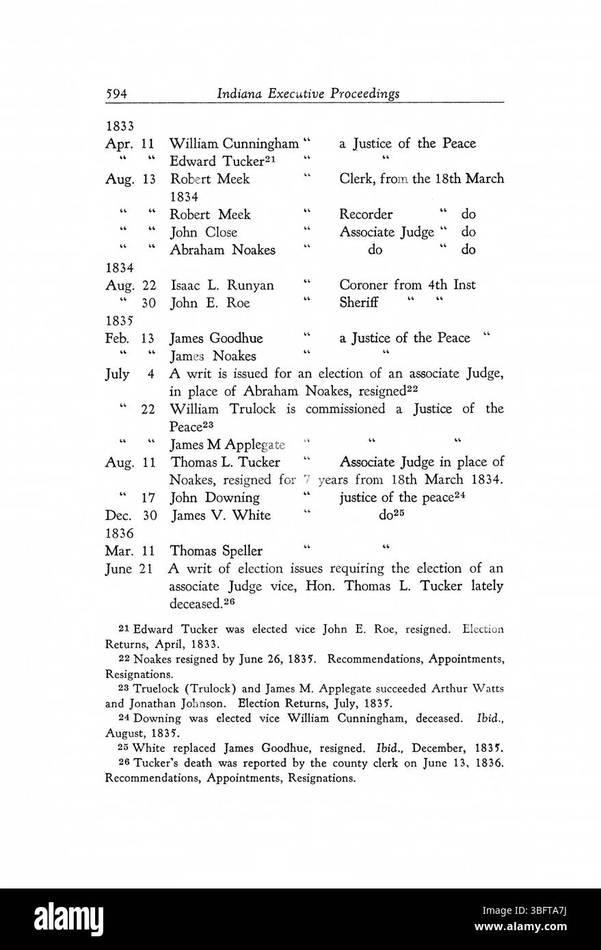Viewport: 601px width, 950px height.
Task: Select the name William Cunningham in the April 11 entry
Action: [233, 144]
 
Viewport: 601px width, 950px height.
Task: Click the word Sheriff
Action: [358, 303]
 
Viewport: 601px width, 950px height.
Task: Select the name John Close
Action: [203, 232]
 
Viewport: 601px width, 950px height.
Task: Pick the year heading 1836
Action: [119, 532]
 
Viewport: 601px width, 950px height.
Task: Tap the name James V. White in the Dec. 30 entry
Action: [220, 515]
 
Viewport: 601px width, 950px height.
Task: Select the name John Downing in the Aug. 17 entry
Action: [214, 498]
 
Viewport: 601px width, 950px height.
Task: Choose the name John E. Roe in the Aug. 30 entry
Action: [204, 303]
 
